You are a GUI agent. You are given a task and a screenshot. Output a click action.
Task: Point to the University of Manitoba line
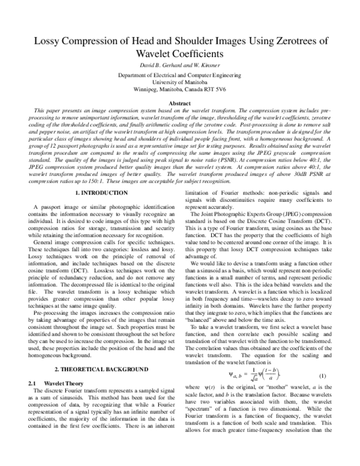(x=180, y=82)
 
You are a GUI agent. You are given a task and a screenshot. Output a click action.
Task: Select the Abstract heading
(x=180, y=103)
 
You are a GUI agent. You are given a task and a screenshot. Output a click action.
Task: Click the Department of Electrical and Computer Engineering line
(x=180, y=74)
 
